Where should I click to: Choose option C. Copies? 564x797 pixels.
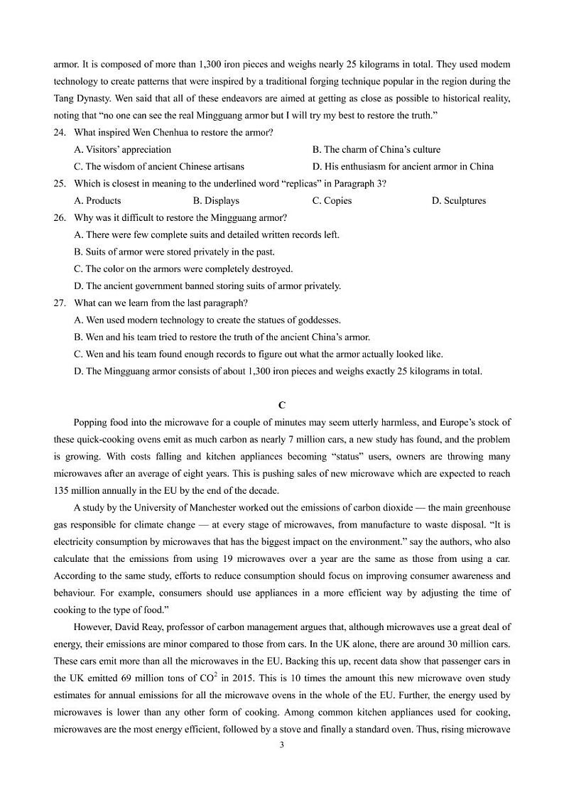[x=332, y=201]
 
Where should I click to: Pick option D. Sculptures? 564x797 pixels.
[x=459, y=201]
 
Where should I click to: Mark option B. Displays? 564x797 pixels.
[x=216, y=201]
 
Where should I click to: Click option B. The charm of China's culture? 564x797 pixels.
[x=376, y=150]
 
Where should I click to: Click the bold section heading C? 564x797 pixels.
[x=282, y=406]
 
